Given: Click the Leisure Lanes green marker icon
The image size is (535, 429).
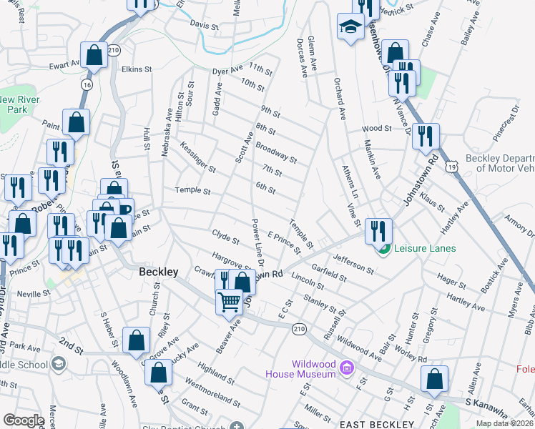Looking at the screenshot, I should pos(385,248).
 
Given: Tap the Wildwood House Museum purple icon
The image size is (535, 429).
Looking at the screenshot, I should pos(347,368).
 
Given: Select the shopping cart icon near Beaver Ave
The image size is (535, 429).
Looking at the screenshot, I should pos(230,302).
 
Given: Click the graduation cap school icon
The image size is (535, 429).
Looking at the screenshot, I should pos(350,28).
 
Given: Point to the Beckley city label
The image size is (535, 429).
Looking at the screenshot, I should pos(157,272).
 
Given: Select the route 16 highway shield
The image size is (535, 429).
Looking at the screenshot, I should pos(87,84).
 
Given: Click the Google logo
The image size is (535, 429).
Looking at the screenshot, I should pos(24,420).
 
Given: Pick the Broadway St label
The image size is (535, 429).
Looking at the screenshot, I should pos(275,152).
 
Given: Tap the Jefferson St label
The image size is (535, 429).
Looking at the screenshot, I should pos(350,264).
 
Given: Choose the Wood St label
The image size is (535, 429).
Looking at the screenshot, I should pos(377,129).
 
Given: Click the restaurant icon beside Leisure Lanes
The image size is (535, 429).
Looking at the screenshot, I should pos(378,231).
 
